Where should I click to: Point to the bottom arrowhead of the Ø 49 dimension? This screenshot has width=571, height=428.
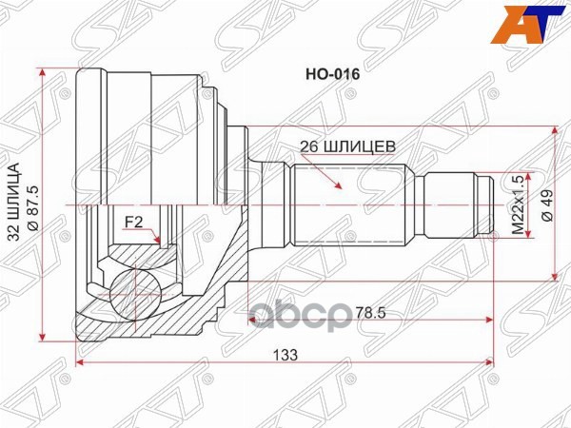coord(554,275)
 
